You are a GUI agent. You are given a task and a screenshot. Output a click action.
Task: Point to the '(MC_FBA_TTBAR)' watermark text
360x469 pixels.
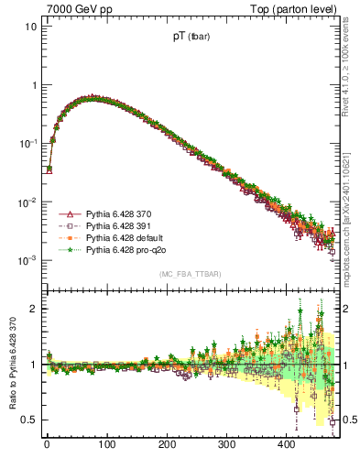pyautogui.click(x=191, y=275)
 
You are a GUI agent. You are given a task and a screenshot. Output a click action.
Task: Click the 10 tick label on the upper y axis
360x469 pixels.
pyautogui.click(x=29, y=26)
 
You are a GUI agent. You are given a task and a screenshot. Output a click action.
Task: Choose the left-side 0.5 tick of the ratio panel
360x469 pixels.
pyautogui.click(x=29, y=420)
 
